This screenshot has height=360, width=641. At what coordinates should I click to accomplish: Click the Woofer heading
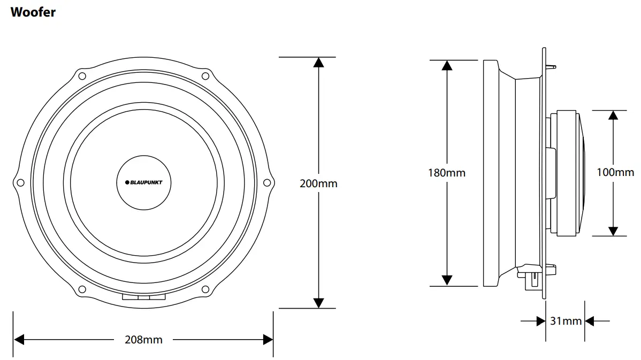[x=33, y=12]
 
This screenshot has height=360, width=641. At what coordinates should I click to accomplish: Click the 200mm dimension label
[x=318, y=183]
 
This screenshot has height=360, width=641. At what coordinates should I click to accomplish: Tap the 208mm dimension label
[x=143, y=339]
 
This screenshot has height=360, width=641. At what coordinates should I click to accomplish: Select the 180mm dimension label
[x=446, y=173]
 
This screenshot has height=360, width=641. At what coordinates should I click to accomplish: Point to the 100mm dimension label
[x=615, y=172]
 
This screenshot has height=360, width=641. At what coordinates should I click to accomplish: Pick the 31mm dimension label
[x=566, y=321]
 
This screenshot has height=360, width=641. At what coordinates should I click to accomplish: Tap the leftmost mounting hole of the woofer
[x=20, y=183]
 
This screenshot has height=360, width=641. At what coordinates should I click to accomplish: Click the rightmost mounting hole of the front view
[x=267, y=183]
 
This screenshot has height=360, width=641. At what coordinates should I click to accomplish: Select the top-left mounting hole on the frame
[x=82, y=75]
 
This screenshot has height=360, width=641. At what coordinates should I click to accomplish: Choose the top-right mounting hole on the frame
[x=205, y=75]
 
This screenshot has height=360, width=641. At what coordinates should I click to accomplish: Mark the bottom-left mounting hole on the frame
[x=82, y=290]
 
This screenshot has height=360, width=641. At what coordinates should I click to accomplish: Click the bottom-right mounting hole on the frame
[x=205, y=290]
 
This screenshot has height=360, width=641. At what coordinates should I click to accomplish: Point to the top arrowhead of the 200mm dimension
[x=318, y=62]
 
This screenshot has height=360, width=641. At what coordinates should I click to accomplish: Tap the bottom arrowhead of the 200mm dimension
[x=318, y=303]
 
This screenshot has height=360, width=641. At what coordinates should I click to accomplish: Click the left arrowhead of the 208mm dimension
[x=20, y=339]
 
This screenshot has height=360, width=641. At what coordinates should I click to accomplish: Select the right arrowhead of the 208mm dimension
[x=268, y=339]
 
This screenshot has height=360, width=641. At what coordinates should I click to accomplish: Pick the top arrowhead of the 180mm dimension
[x=447, y=65]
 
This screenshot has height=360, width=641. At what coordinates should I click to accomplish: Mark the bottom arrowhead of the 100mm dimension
[x=613, y=231]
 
